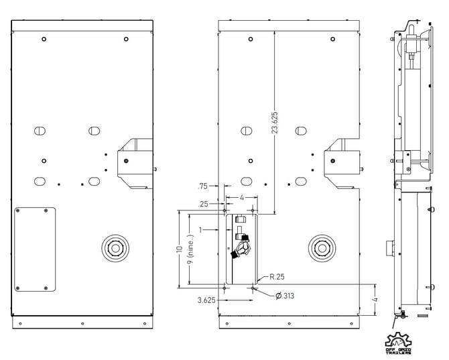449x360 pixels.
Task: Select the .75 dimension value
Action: pos(202,186)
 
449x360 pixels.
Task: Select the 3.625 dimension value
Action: pos(206,300)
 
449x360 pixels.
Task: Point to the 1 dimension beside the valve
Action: pos(200,230)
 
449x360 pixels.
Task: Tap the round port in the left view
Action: pos(115,248)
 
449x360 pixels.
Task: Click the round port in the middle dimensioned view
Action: pos(321,248)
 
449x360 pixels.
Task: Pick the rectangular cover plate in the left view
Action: pos(36,250)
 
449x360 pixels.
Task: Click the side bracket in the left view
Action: pos(134,163)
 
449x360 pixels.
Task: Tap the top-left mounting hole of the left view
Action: pos(44,39)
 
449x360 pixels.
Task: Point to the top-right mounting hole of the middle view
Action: pos(332,39)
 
